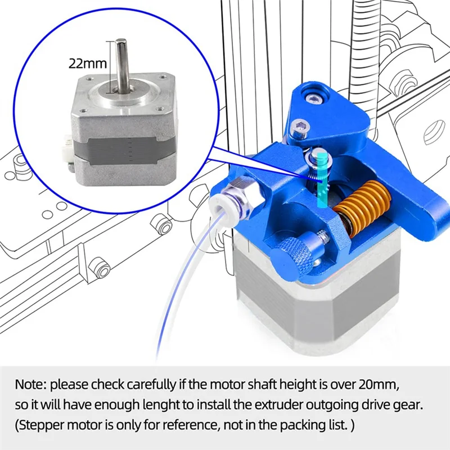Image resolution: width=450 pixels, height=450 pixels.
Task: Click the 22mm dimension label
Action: click(88, 63)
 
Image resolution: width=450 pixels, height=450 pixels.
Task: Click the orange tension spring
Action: click(362, 206)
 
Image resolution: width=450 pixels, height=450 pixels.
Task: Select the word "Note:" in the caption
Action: click(31, 385)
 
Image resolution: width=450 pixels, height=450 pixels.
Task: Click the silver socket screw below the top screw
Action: click(300, 128)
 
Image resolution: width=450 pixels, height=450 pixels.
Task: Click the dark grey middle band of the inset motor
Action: click(123, 151)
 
